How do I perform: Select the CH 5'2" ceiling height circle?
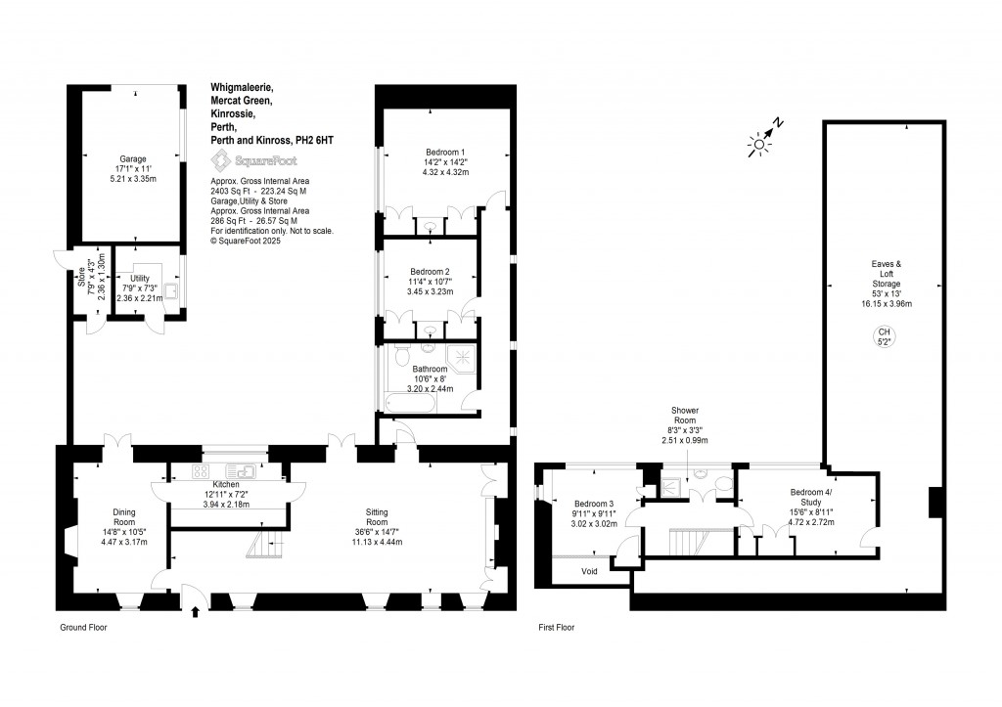coord(884,337)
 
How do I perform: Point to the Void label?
coord(589,571)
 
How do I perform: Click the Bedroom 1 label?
coord(444,152)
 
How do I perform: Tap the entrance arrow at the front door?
coord(196,612)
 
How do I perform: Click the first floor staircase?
coord(693,541)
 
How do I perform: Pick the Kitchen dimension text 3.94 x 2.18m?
coord(226,505)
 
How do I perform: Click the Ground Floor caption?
coord(82,628)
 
